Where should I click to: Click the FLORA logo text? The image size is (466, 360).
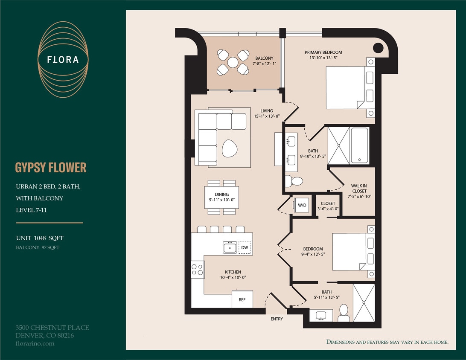63,60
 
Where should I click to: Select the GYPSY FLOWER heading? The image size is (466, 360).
51,168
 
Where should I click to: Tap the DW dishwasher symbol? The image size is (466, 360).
245,247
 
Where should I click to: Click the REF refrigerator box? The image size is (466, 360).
242,299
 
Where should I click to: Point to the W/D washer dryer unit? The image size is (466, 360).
302,205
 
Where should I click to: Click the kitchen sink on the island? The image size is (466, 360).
230,247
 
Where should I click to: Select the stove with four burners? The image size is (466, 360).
197,269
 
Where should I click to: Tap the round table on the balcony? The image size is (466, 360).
233,62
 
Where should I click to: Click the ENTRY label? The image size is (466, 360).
277,319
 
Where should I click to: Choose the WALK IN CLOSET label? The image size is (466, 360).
359,188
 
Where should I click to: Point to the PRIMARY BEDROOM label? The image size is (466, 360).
323,55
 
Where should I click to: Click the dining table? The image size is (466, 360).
221,197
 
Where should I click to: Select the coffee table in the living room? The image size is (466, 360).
231,148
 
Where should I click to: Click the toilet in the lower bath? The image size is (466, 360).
344,314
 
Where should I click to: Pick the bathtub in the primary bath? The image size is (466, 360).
359,145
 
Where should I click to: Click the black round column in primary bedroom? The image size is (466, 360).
378,47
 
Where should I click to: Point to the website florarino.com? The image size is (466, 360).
35,343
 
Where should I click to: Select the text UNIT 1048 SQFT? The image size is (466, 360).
40,238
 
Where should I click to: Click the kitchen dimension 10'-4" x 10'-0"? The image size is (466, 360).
233,277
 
